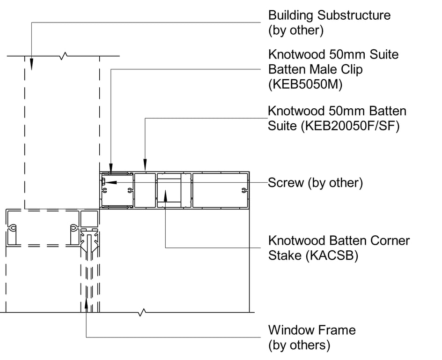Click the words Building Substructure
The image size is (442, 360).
(329, 15)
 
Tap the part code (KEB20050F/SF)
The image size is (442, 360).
(356, 126)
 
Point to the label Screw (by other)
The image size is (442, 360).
(315, 183)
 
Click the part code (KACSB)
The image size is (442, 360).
(332, 256)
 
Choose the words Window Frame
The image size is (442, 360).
(311, 330)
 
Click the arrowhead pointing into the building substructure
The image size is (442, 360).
(32, 65)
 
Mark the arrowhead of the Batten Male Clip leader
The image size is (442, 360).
(111, 167)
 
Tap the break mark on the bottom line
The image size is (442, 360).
(141, 312)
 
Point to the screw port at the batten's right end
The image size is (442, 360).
(244, 190)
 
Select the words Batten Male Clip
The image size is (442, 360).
(315, 69)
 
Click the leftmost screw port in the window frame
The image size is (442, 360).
(13, 228)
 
